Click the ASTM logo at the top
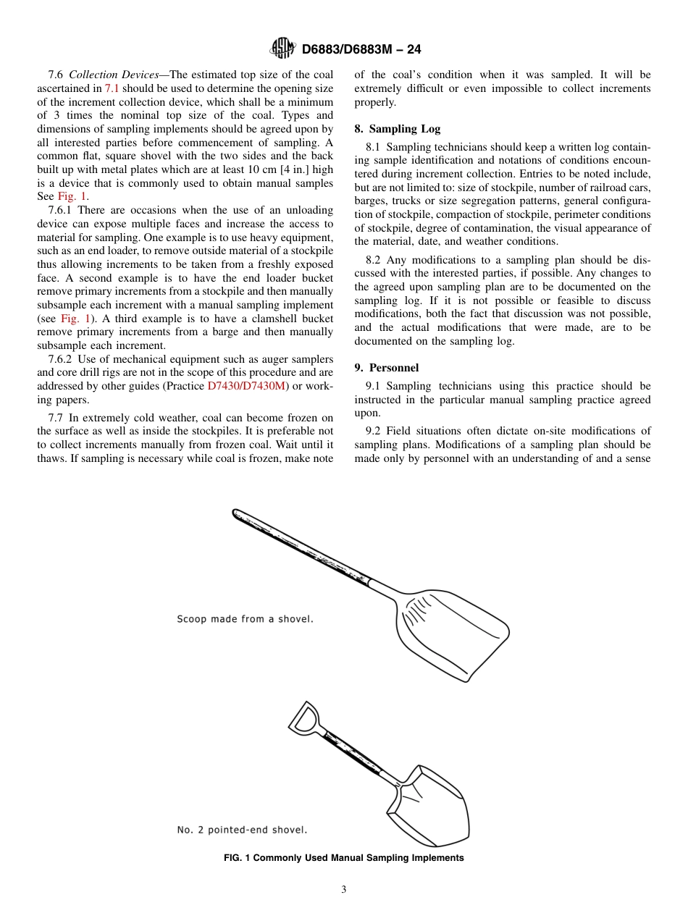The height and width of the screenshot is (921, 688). click(x=282, y=49)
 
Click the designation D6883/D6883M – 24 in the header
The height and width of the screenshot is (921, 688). click(x=361, y=49)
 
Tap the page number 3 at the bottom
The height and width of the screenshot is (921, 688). click(x=344, y=890)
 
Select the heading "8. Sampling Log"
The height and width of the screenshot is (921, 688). click(x=397, y=129)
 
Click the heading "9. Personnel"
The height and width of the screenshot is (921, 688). click(x=386, y=368)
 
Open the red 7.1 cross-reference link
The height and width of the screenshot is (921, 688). click(x=112, y=88)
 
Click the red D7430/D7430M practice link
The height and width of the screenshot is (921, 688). click(x=247, y=387)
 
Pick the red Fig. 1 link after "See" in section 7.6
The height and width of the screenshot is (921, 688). click(x=72, y=197)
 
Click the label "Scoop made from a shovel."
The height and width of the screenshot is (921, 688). click(x=245, y=619)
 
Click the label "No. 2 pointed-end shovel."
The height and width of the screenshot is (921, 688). click(x=242, y=830)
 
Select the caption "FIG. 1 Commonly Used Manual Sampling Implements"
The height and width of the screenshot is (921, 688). click(x=344, y=858)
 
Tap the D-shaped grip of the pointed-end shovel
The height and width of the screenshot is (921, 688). click(x=304, y=718)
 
